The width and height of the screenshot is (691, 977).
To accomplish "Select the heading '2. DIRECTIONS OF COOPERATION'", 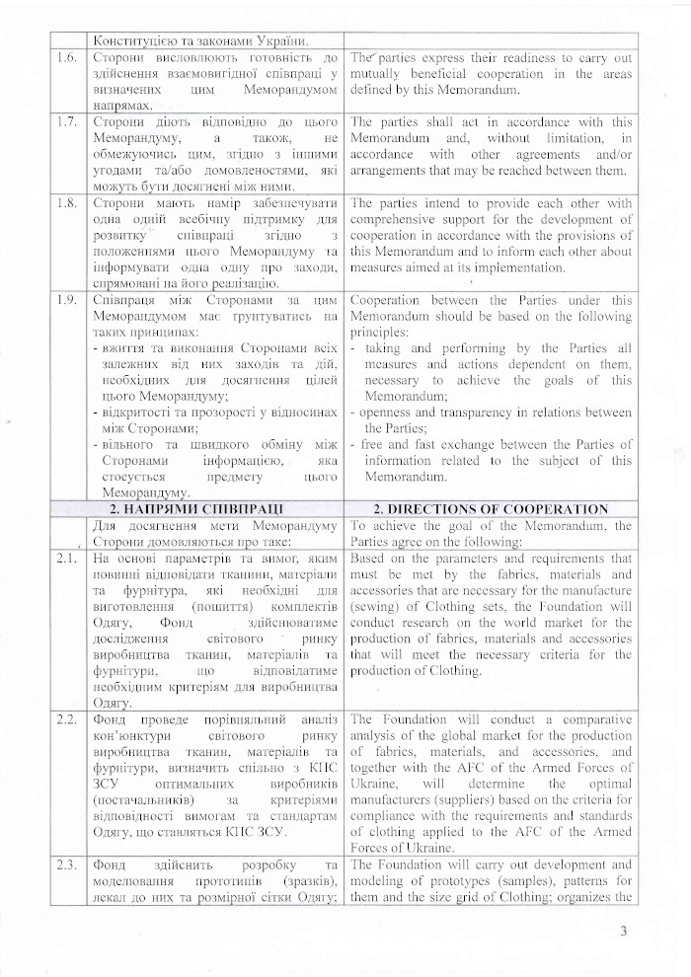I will pos(491,509).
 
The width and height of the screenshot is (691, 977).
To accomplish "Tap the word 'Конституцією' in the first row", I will pos(136,40).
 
